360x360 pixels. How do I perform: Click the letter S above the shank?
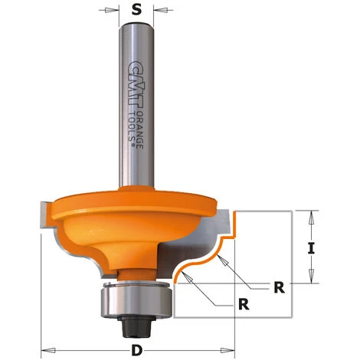pos(136,11)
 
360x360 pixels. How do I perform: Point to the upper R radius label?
pos(280,287)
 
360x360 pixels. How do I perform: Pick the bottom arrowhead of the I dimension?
pos(312,281)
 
